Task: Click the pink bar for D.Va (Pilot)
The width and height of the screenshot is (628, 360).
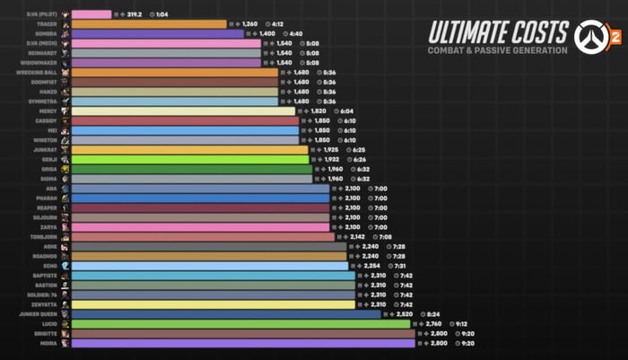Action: (91, 14)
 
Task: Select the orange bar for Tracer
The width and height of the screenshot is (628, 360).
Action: (148, 24)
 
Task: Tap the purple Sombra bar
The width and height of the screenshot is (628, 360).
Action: (157, 33)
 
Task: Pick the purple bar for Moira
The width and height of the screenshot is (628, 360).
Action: (243, 343)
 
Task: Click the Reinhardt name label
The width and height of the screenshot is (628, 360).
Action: (45, 53)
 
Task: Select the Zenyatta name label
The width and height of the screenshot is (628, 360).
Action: (46, 304)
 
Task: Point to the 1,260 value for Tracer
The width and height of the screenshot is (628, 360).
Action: (250, 24)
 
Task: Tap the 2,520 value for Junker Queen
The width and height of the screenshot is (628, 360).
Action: (406, 314)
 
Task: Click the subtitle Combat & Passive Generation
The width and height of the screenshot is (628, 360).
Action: (497, 50)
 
